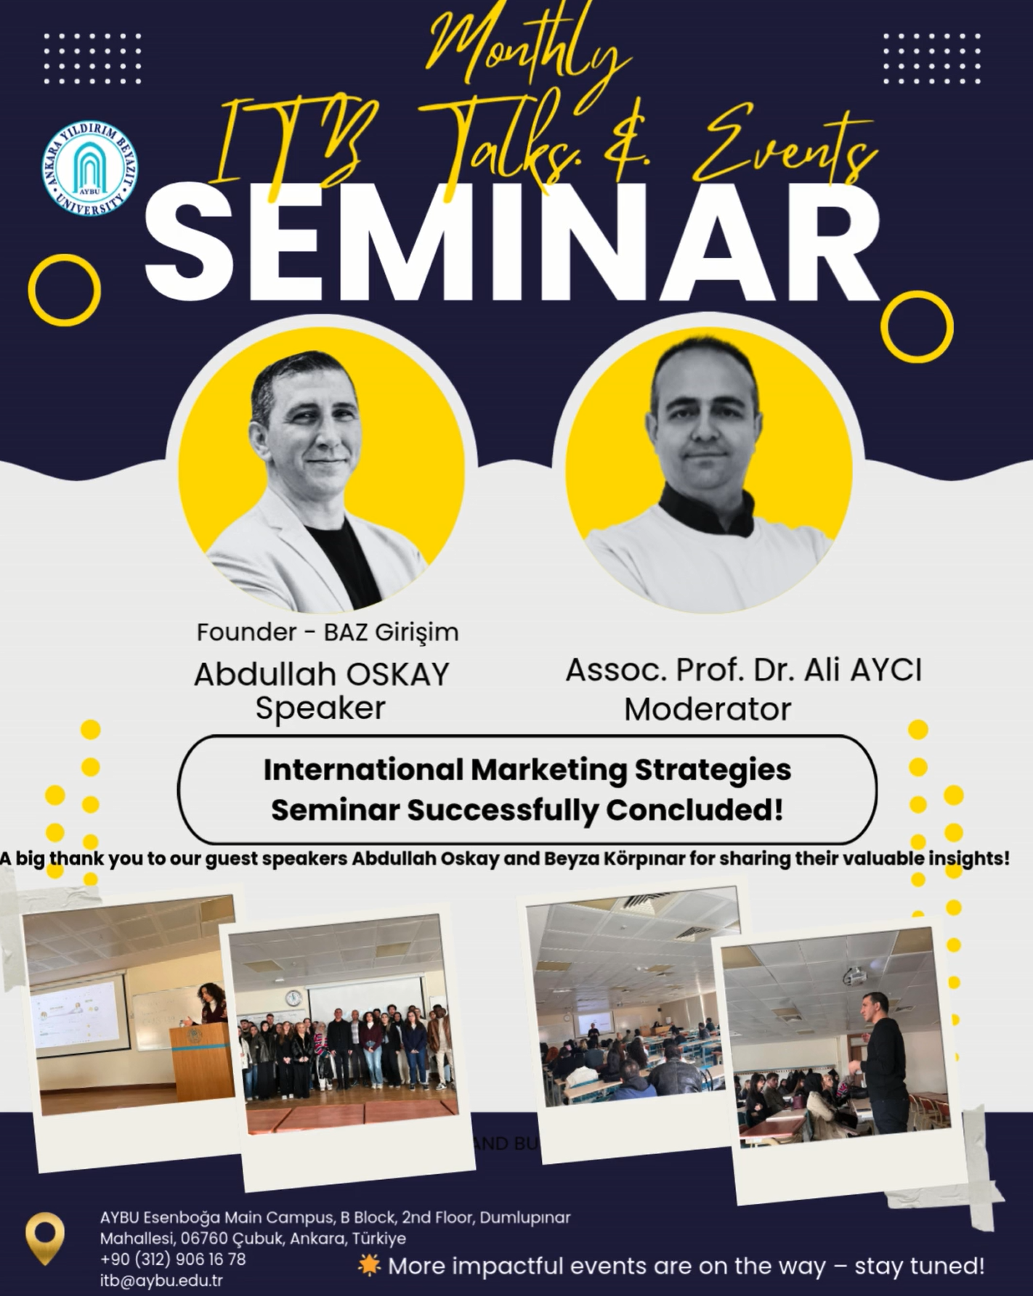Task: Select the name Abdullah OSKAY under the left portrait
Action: [322, 675]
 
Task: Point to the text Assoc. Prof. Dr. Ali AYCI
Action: [744, 670]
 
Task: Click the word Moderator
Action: [707, 709]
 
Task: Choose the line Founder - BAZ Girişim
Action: [328, 632]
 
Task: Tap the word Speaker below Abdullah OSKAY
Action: [320, 708]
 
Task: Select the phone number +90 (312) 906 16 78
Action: [173, 1258]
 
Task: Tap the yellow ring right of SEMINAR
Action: [917, 327]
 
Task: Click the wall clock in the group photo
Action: [293, 998]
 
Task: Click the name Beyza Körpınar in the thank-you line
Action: [624, 858]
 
